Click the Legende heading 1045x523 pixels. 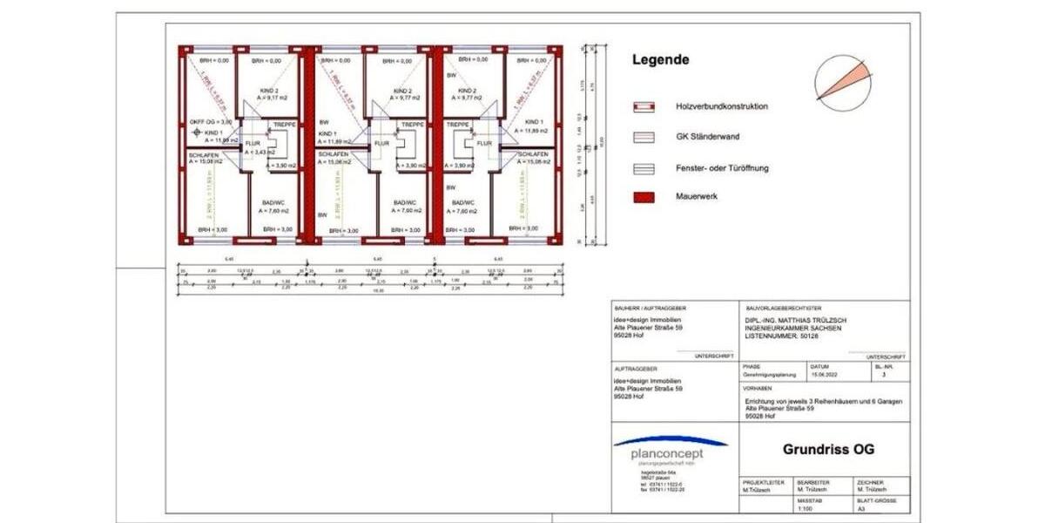coord(660,60)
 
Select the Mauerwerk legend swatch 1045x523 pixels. coord(644,197)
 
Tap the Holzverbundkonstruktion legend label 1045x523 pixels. coord(722,106)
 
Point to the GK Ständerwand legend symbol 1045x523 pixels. coord(644,137)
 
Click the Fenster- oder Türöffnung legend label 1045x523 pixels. coord(722,167)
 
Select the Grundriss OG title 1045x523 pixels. coord(828,450)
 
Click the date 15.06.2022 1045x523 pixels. coord(823,374)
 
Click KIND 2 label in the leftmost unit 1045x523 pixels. coord(269,91)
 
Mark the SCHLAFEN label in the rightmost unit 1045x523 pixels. coord(532,153)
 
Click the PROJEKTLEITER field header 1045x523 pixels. coord(763,482)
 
